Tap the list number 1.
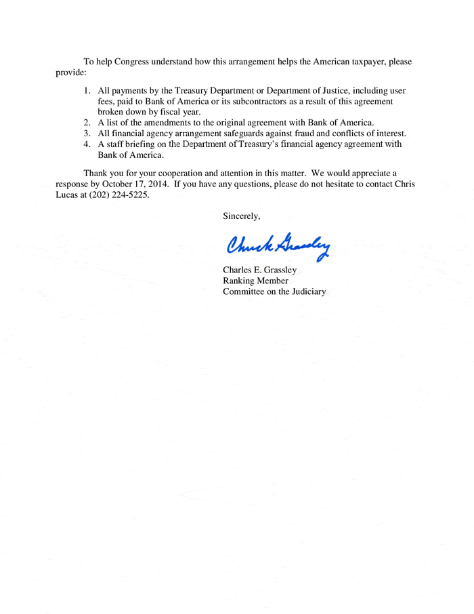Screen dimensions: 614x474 click(87, 90)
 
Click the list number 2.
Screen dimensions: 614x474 click(87, 123)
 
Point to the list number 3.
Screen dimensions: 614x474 click(87, 134)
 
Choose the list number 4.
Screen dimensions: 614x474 click(87, 144)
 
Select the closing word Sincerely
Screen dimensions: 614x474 click(241, 216)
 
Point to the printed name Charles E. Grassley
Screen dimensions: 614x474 click(259, 270)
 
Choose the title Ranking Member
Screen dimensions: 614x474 click(255, 281)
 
